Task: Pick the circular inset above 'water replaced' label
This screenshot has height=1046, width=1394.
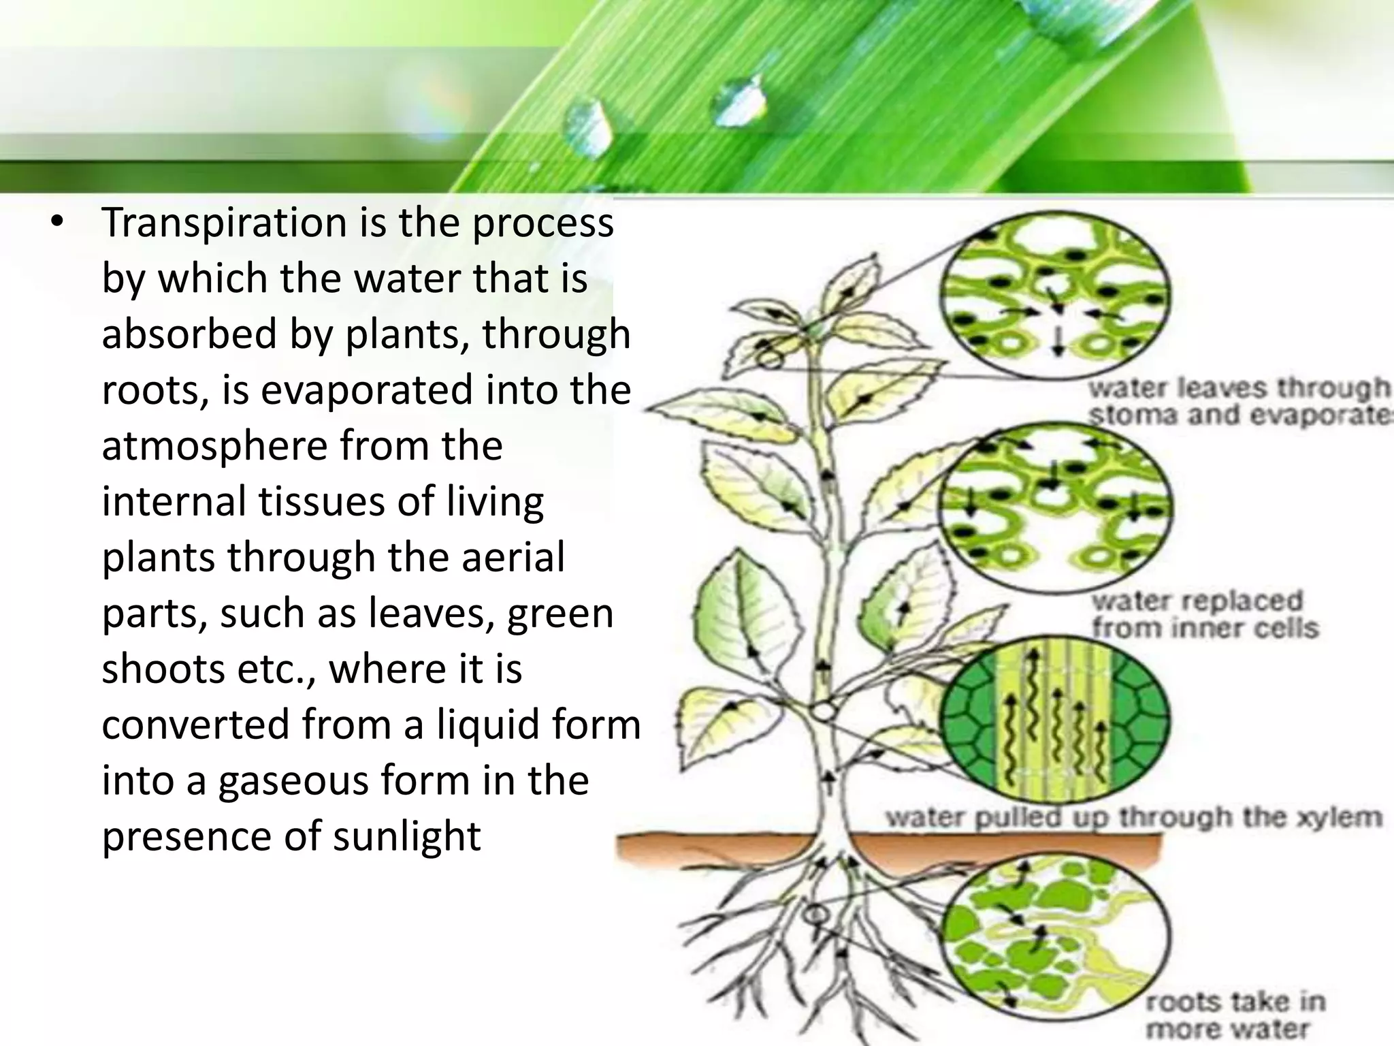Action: coord(1055,504)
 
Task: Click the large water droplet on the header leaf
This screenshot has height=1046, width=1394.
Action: coord(736,101)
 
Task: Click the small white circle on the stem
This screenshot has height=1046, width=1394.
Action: coord(824,712)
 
